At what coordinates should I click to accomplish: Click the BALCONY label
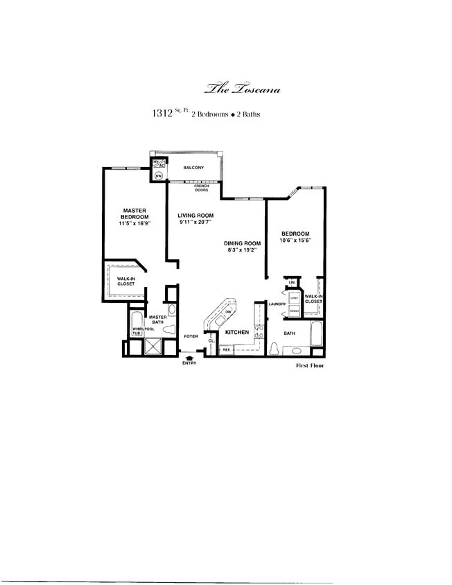point(193,168)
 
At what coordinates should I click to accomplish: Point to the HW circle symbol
point(158,176)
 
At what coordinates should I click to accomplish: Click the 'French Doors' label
point(202,188)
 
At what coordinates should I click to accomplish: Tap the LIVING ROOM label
point(195,216)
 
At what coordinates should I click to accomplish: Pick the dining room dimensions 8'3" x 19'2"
point(241,250)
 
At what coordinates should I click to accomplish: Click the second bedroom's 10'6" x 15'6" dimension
point(295,241)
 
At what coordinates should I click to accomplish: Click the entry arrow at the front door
point(189,357)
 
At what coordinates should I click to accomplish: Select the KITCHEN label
point(237,333)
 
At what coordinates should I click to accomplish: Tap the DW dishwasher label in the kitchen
point(229,313)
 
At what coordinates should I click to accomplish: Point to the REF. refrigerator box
point(226,350)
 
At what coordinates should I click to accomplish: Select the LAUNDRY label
point(277,304)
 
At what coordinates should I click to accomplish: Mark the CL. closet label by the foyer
point(211,341)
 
